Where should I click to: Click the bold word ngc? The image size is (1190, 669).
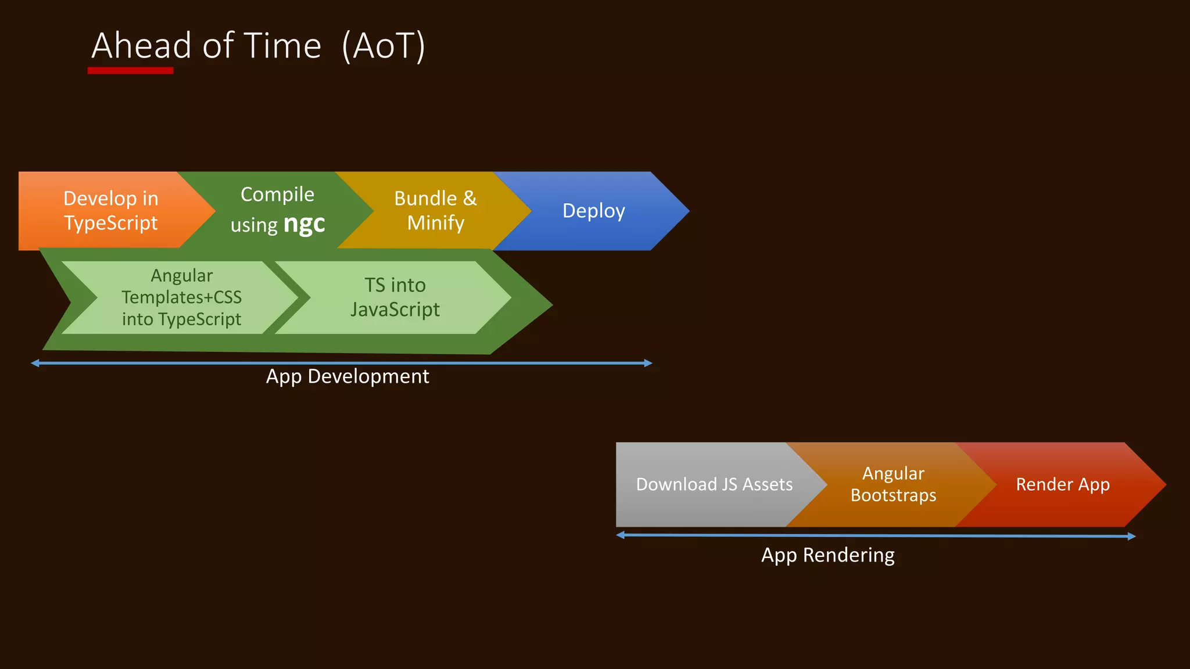coord(304,224)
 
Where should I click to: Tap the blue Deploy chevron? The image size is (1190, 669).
coord(594,211)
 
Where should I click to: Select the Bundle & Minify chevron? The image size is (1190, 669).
coord(435,211)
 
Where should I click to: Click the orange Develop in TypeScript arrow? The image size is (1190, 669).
coord(110,211)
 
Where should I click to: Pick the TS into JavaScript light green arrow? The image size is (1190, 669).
coord(395,297)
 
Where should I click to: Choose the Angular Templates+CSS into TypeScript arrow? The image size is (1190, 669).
coord(181,297)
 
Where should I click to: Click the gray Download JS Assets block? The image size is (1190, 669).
coord(714,484)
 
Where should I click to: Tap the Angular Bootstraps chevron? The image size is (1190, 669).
coord(893,484)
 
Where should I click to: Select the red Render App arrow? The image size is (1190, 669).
coord(1063,484)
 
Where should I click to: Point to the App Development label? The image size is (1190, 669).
coord(347,376)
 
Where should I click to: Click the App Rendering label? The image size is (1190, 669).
coord(827,555)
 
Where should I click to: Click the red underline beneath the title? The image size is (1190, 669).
coord(130,71)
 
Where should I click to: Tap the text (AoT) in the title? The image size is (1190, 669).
coord(383,46)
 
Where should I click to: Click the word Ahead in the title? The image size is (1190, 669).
coord(142,46)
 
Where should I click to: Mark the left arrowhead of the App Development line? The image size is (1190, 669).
coord(35,363)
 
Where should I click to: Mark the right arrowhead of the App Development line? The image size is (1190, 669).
coord(648,363)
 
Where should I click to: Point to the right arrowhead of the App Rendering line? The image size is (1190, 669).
coord(1131,536)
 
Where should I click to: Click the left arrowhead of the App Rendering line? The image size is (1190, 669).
coord(621,535)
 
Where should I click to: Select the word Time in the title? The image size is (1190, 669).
coord(282,46)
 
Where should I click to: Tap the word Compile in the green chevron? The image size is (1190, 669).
coord(277,195)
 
